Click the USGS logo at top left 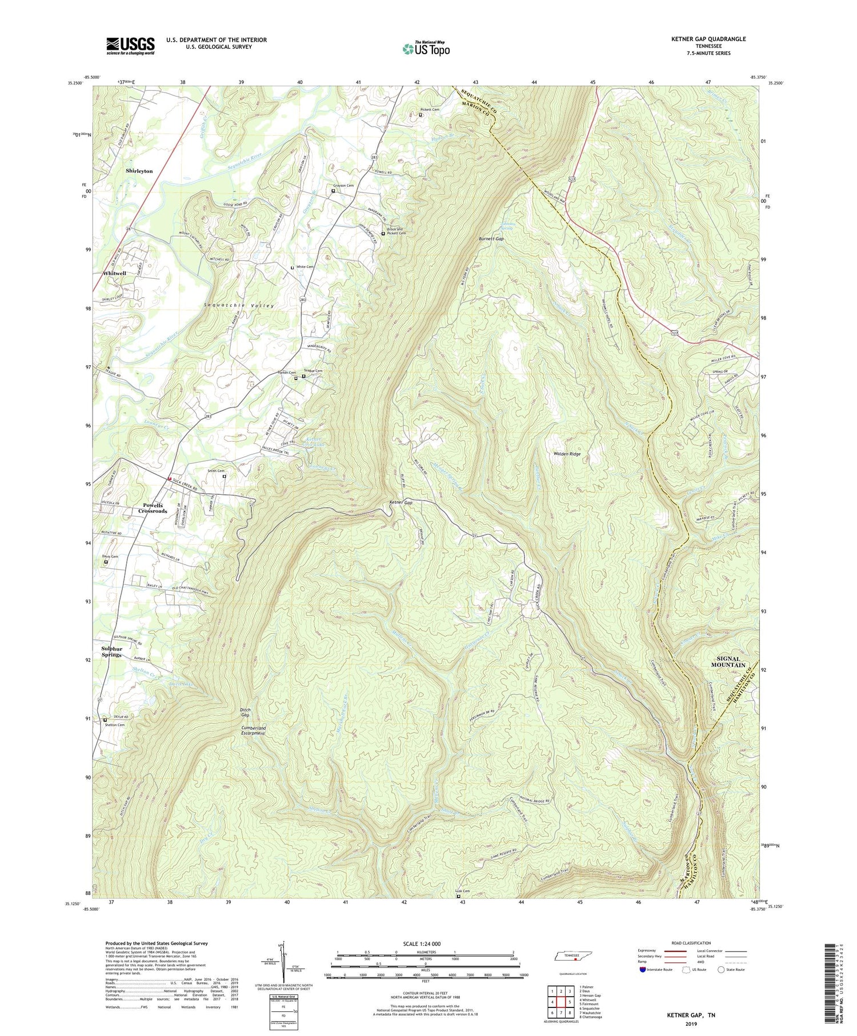pyautogui.click(x=130, y=46)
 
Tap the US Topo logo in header pyautogui.click(x=426, y=49)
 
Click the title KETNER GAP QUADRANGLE pyautogui.click(x=708, y=39)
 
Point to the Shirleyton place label pyautogui.click(x=139, y=171)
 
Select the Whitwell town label pyautogui.click(x=114, y=273)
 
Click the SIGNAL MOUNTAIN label pyautogui.click(x=728, y=662)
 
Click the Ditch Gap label pyautogui.click(x=245, y=712)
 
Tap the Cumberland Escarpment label pyautogui.click(x=253, y=730)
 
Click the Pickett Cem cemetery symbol pyautogui.click(x=421, y=115)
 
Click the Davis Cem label pyautogui.click(x=110, y=556)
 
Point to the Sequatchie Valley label pyautogui.click(x=239, y=306)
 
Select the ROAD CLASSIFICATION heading pyautogui.click(x=691, y=943)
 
